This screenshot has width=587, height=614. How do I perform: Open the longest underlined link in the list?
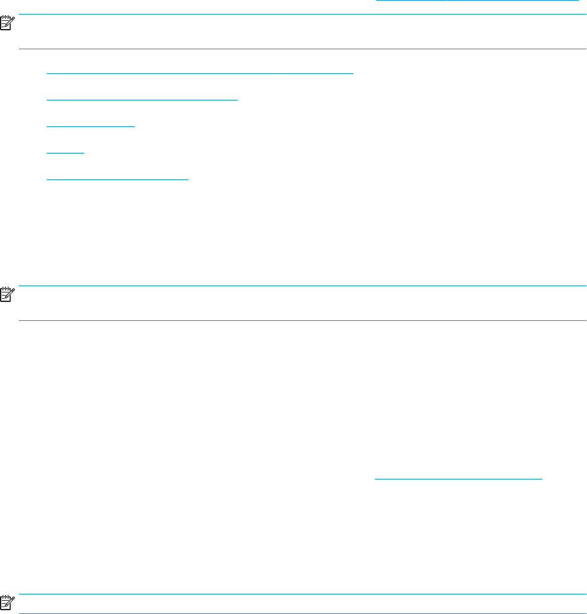click(200, 72)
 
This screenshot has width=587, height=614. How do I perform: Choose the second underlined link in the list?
click(142, 99)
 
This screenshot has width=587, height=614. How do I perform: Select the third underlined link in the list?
click(91, 125)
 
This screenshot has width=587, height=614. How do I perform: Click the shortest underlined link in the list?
click(65, 152)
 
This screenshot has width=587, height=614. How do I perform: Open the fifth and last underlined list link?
click(117, 178)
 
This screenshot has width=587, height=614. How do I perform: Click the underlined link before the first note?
click(477, 1)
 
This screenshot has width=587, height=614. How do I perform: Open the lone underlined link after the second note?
click(458, 478)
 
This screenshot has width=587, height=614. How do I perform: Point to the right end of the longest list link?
click(353, 72)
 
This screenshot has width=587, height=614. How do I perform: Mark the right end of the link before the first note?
click(578, 1)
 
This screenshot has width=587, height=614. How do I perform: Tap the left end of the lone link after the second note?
click(376, 478)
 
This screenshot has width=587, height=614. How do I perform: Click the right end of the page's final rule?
click(585, 613)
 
